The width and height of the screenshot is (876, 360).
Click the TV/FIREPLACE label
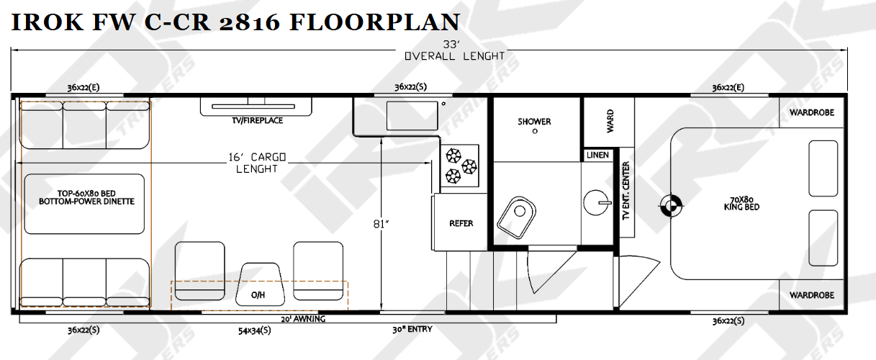tap(257, 120)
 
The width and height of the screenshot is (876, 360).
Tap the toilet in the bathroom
tap(517, 217)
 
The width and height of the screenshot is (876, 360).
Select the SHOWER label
tap(534, 122)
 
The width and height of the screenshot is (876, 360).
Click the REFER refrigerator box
tap(460, 222)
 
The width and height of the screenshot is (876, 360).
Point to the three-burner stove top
tap(460, 166)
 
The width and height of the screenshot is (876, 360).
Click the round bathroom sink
tap(597, 203)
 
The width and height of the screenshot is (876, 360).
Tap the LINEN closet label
tap(597, 155)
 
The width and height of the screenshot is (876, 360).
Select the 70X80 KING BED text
tap(741, 204)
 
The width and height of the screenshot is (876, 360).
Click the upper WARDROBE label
tap(812, 113)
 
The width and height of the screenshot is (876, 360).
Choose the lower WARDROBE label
tap(812, 295)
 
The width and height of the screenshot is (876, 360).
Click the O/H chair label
tap(258, 295)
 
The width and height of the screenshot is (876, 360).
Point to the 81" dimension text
tap(381, 224)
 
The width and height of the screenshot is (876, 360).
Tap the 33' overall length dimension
tap(451, 45)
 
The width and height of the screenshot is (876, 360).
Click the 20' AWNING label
tap(303, 319)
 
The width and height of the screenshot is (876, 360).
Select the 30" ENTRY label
tap(412, 329)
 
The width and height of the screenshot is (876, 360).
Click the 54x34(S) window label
tap(255, 330)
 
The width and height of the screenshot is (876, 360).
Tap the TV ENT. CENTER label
tap(626, 191)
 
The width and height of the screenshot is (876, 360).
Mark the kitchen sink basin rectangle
tap(412, 116)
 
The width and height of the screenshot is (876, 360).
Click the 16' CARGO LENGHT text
tap(257, 163)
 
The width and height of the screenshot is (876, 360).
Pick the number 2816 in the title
tap(250, 22)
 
